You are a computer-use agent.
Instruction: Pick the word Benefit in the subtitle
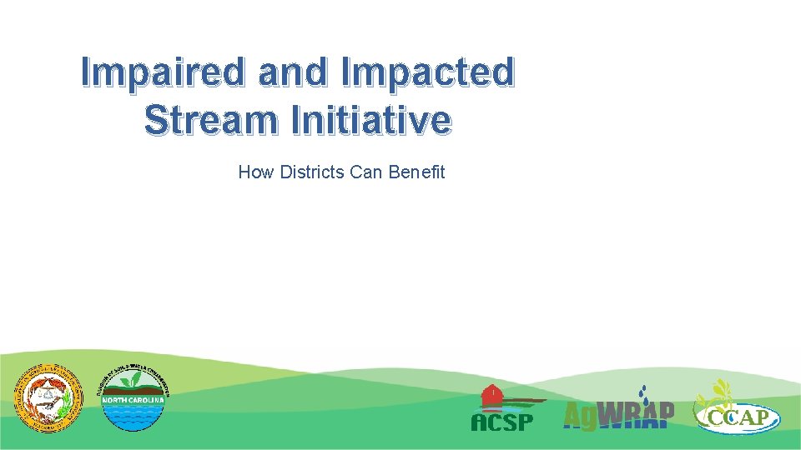pyautogui.click(x=416, y=172)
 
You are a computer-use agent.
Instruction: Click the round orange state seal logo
pyautogui.click(x=48, y=398)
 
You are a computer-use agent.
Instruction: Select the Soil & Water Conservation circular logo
pyautogui.click(x=133, y=398)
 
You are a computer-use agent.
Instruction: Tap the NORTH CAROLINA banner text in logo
pyautogui.click(x=133, y=400)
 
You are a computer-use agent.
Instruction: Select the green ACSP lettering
pyautogui.click(x=501, y=422)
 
